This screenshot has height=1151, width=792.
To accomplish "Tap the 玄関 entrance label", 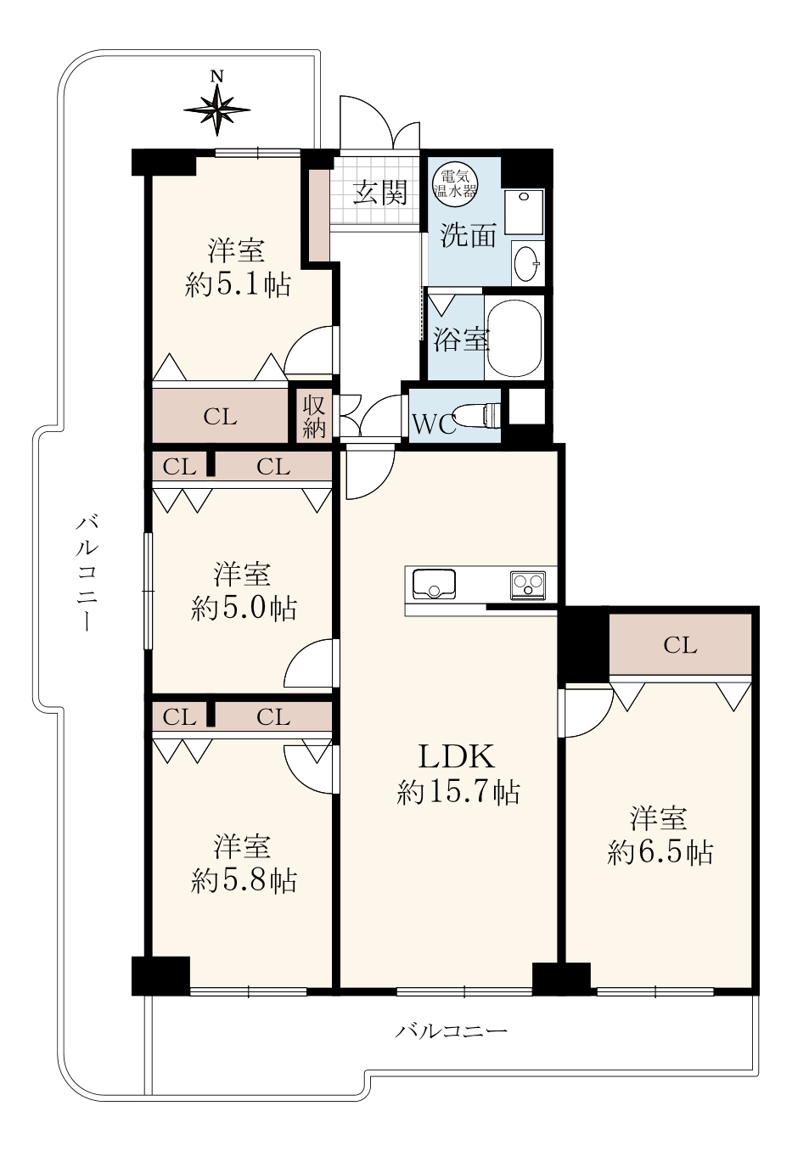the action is [x=380, y=193].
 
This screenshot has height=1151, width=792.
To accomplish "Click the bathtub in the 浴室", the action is [x=514, y=337].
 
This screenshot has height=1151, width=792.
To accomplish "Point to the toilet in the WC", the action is [x=479, y=415].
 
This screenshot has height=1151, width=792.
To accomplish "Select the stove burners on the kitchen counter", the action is [x=527, y=585].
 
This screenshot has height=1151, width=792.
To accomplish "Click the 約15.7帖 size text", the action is [x=458, y=793].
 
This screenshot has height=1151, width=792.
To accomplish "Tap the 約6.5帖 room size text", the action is [x=660, y=853].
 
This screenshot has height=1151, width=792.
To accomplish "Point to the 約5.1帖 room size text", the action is [x=238, y=285].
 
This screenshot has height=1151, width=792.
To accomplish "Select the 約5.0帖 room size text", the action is [x=244, y=609].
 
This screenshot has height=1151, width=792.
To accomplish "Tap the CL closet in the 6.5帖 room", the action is [x=680, y=645].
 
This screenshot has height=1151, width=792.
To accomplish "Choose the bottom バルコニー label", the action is [x=451, y=1030].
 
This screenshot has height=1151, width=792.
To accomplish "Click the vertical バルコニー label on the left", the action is [x=86, y=573].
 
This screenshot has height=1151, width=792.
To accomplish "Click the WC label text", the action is [x=435, y=425].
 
